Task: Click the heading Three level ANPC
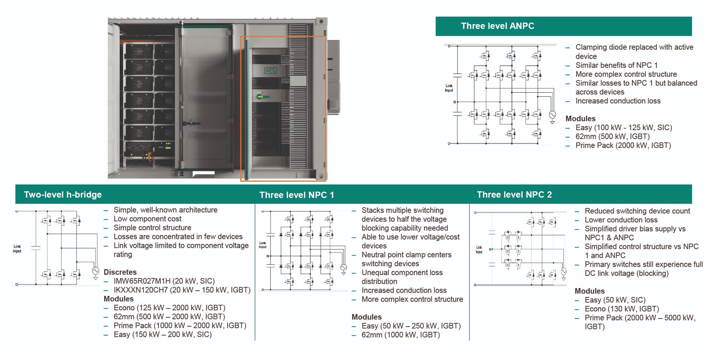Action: click(x=497, y=26)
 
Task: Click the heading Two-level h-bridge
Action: click(x=63, y=195)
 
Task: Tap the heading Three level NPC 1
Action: click(x=297, y=195)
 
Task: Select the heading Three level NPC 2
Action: click(x=514, y=195)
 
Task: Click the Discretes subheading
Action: click(x=120, y=272)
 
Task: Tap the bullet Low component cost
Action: click(x=147, y=219)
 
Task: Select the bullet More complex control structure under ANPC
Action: click(x=626, y=74)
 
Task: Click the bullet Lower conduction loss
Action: click(x=621, y=220)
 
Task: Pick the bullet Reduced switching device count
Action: click(x=637, y=211)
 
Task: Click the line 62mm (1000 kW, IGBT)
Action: click(x=400, y=335)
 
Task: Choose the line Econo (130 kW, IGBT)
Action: click(x=622, y=309)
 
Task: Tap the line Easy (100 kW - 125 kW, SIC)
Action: click(x=623, y=128)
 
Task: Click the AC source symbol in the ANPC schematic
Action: click(x=552, y=115)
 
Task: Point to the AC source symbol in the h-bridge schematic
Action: click(x=96, y=271)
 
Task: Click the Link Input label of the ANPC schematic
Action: click(x=449, y=88)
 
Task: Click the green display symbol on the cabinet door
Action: click(x=271, y=70)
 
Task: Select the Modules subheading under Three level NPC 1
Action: click(x=367, y=317)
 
